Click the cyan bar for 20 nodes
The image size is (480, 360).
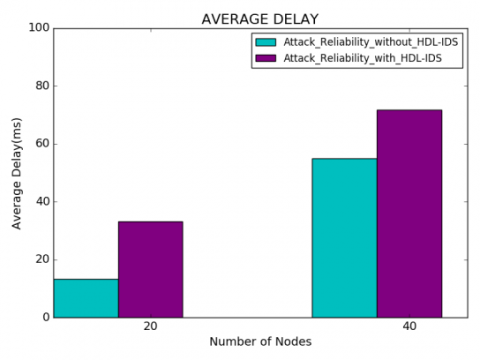[86, 298]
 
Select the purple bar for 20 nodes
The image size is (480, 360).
[150, 269]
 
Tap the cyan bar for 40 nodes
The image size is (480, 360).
[344, 237]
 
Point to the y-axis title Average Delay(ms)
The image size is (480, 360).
[16, 172]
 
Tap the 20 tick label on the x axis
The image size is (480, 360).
[150, 326]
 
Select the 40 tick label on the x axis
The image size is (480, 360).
[409, 326]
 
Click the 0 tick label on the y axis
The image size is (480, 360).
[44, 317]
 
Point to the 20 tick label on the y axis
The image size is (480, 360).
[40, 259]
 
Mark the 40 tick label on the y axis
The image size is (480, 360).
[40, 201]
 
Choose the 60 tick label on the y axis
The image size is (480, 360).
[40, 143]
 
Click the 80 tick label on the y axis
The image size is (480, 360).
[40, 85]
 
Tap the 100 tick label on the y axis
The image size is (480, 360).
[37, 27]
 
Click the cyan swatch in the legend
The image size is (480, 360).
[266, 43]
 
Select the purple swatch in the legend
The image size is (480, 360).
[266, 59]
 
